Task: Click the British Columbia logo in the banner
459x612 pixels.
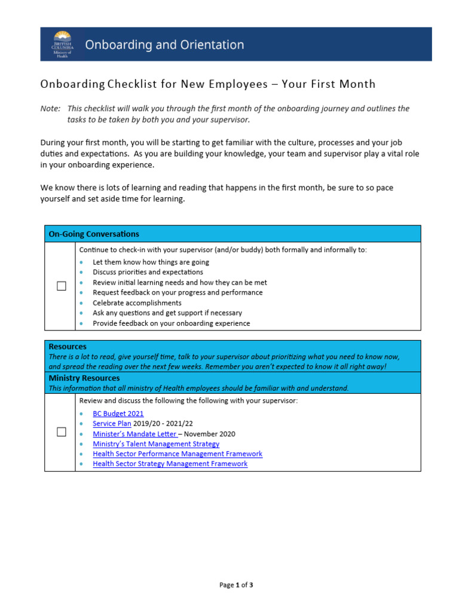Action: coord(62,44)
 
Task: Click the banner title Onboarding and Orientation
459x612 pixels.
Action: coord(164,45)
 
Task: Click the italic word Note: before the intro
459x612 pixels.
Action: coord(50,108)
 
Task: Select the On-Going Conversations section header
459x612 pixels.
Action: coord(94,234)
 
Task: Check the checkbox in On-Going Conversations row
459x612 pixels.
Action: coord(61,286)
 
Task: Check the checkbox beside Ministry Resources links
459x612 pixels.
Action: coord(61,432)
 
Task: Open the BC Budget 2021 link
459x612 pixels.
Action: coord(118,414)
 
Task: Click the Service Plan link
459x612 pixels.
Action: coord(112,424)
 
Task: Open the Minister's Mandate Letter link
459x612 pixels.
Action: coord(135,434)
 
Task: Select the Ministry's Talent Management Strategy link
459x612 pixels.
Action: coord(156,444)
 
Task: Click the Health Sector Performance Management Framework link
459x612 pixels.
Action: coord(178,454)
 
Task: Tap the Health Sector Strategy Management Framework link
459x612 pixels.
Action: coord(170,464)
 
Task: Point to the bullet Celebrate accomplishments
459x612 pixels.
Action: coord(137,303)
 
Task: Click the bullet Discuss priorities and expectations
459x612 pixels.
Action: coord(148,272)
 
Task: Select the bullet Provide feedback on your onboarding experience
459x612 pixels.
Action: coord(171,323)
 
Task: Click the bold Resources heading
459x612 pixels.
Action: coord(68,347)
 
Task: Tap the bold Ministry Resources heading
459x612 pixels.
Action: coord(84,378)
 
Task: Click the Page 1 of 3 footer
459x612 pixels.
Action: coord(236,585)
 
